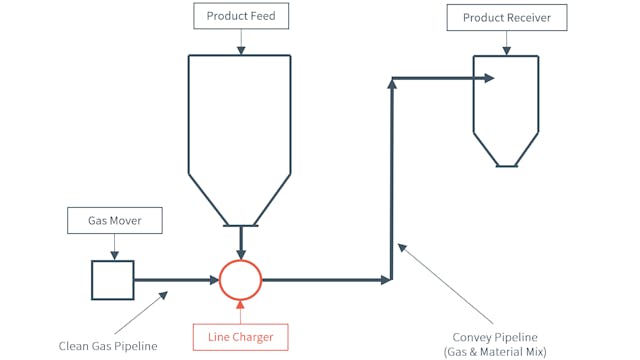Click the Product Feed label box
click(240, 16)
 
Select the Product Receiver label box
click(507, 18)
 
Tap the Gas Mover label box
click(113, 220)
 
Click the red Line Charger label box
click(240, 336)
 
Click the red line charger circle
click(240, 280)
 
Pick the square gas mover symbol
click(113, 280)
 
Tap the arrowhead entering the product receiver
click(489, 78)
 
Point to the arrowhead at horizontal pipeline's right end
click(387, 280)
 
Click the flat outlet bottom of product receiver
click(507, 166)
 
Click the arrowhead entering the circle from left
click(214, 280)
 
